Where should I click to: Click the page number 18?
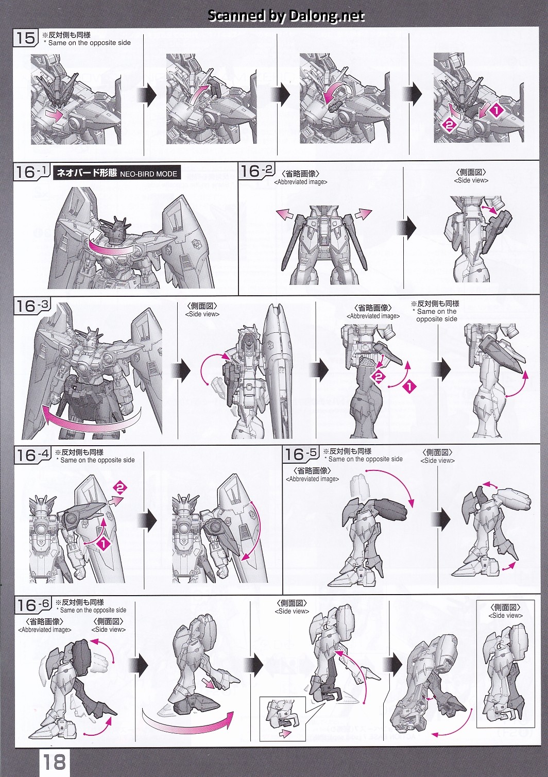(54, 762)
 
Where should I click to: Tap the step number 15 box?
(25, 38)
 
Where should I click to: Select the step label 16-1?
(32, 172)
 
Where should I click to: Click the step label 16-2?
(257, 171)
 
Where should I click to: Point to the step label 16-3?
(32, 306)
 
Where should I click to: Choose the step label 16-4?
(32, 455)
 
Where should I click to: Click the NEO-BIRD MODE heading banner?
(117, 173)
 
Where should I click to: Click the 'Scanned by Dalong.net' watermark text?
(286, 15)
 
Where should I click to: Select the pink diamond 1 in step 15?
(496, 111)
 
